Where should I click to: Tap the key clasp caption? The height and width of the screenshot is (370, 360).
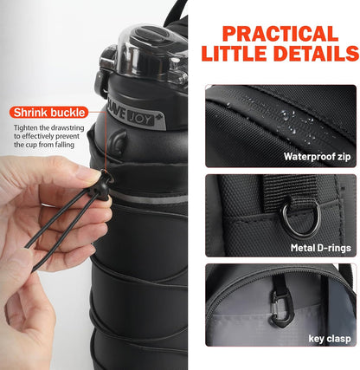coord(331,337)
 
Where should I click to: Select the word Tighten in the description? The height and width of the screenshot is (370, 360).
coord(28,128)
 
